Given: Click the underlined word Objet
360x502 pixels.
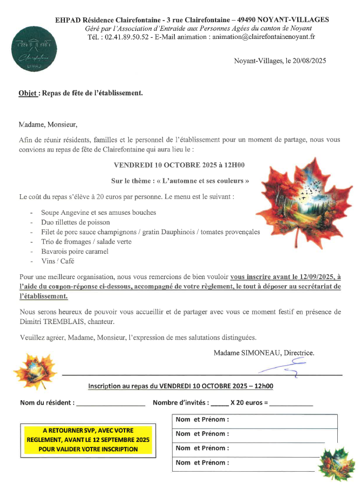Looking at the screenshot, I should (28, 93).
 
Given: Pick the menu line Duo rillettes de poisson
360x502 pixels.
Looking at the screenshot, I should (75, 222).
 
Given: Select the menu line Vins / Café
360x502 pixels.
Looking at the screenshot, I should (57, 261).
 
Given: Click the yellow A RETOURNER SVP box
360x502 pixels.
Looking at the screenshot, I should (88, 439).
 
